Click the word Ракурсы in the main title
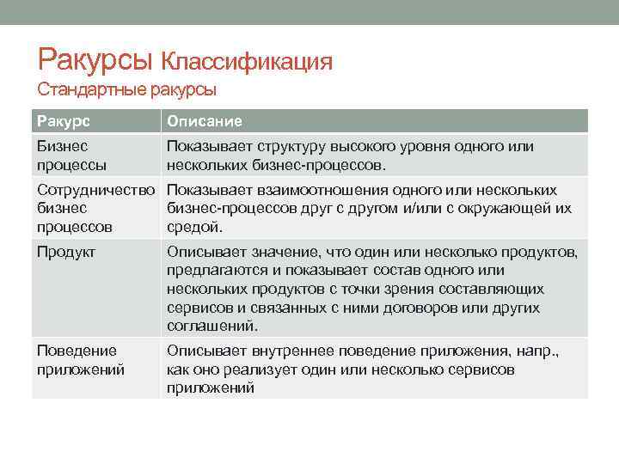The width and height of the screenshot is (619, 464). (x=95, y=59)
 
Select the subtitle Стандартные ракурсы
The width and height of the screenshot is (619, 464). (x=126, y=89)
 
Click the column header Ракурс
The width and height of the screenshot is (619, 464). (x=63, y=121)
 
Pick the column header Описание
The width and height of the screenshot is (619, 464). (x=204, y=121)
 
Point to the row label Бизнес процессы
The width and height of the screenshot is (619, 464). (x=71, y=156)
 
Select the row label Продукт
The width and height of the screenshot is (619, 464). (x=65, y=252)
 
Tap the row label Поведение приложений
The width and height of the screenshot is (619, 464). (x=80, y=360)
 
